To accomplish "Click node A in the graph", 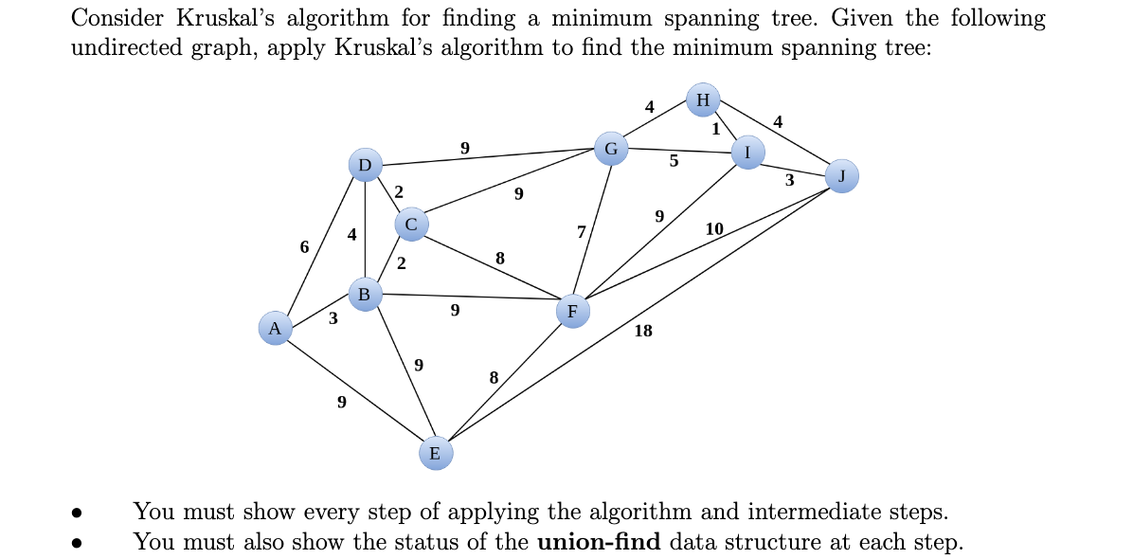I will [x=275, y=329].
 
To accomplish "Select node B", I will [x=365, y=294].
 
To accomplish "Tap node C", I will [x=410, y=225].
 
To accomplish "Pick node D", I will [x=365, y=165].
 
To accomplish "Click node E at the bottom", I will [x=435, y=453].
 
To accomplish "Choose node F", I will [x=572, y=311].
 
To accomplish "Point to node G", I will [x=611, y=148].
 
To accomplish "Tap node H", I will [x=703, y=99].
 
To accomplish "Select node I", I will [x=747, y=152].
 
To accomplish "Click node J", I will [x=842, y=175].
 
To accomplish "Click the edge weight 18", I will [x=643, y=331].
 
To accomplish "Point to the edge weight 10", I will [x=714, y=228].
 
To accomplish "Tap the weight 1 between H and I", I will [x=717, y=128].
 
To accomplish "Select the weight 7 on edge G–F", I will [x=582, y=231].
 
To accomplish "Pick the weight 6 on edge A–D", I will [x=304, y=246].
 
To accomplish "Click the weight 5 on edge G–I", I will [x=674, y=161].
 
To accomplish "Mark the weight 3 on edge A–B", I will [x=333, y=318].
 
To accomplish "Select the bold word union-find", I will [x=598, y=542].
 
